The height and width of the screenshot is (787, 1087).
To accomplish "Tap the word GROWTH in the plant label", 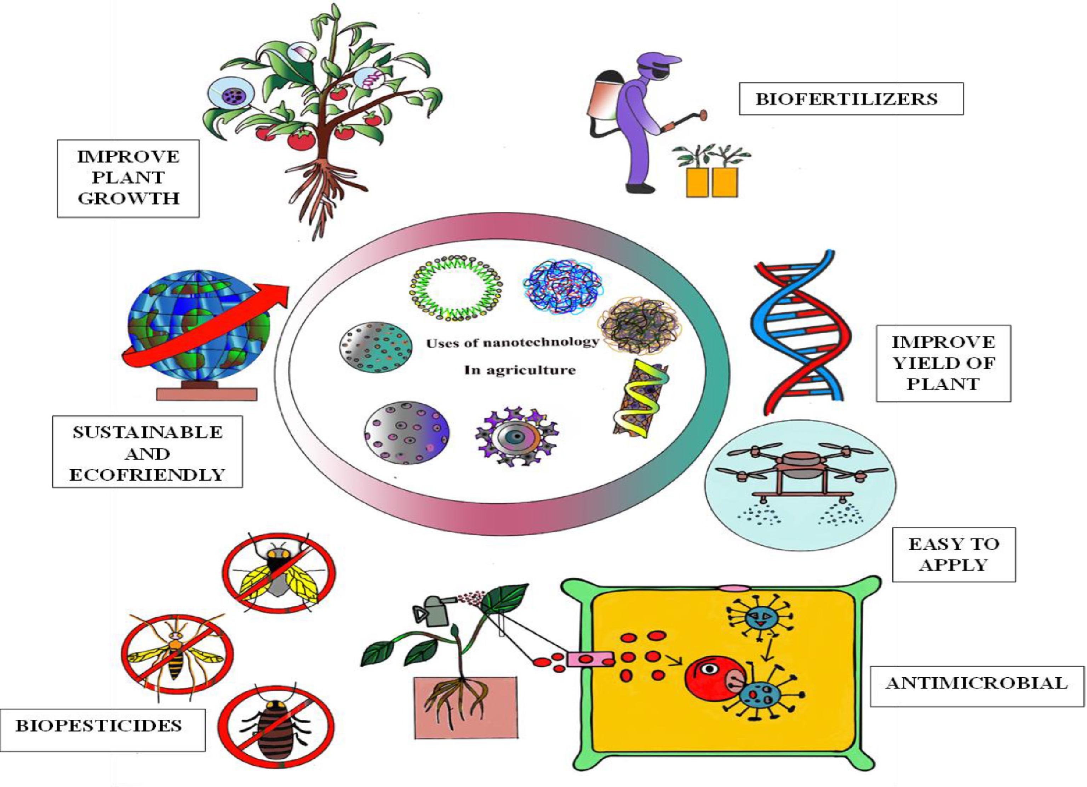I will pyautogui.click(x=128, y=198).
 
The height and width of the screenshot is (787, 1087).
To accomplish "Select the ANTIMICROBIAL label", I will pyautogui.click(x=976, y=683).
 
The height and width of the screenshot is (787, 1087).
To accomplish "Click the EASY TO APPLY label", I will pyautogui.click(x=954, y=554).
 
